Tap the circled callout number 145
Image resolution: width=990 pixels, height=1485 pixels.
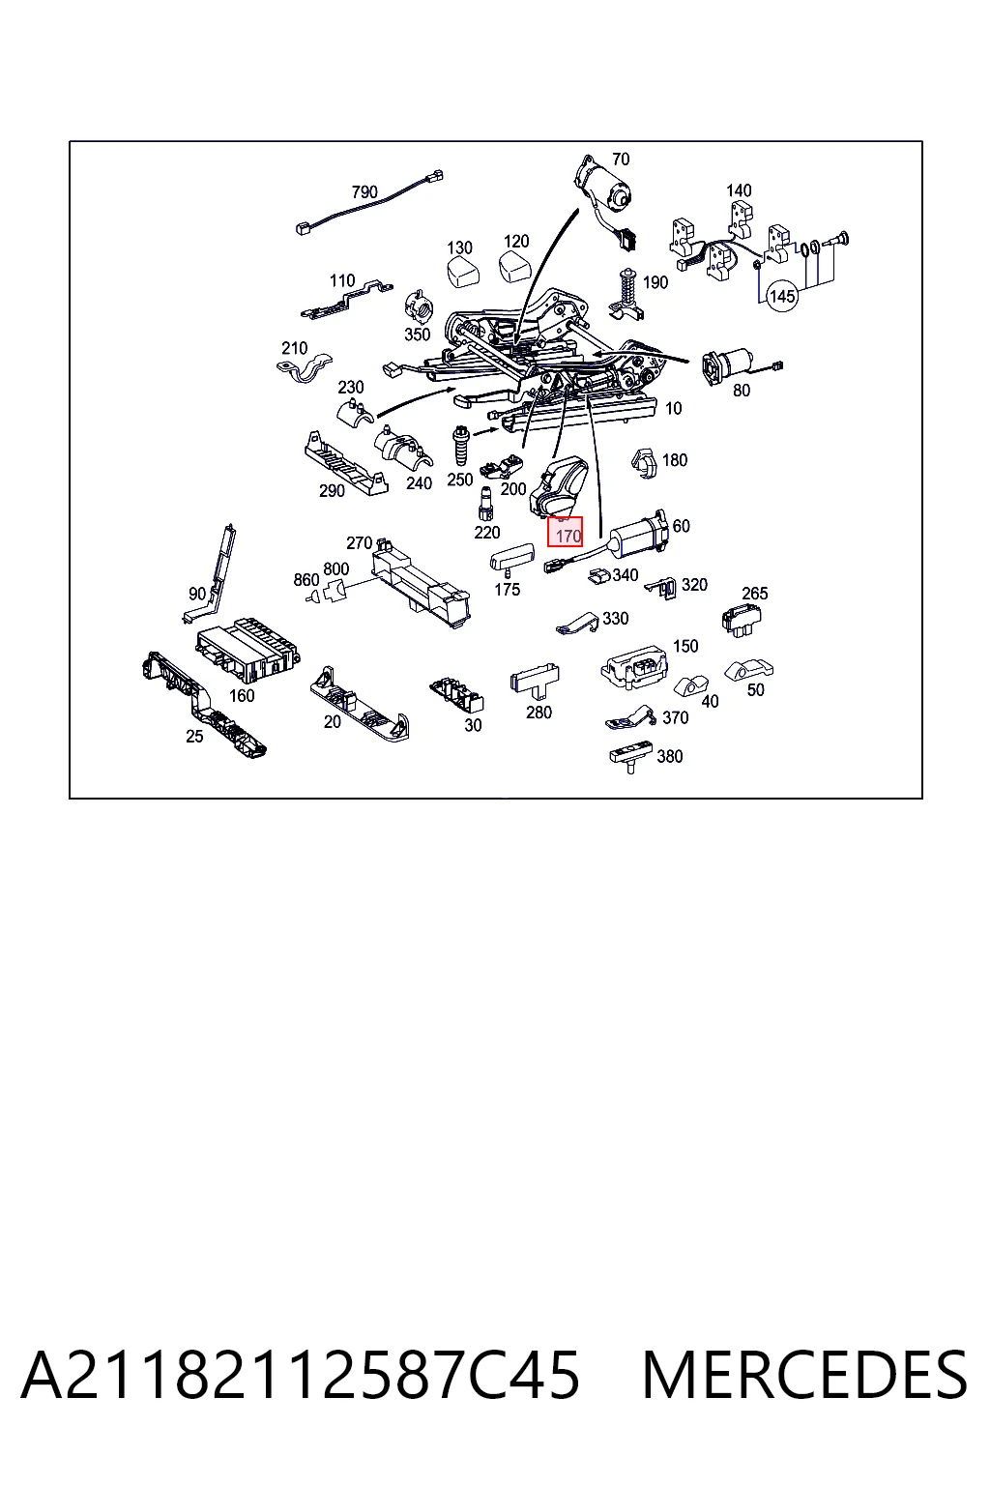tap(782, 296)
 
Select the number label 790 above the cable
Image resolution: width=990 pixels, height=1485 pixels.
tap(364, 192)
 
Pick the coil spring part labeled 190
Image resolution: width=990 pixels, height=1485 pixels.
tap(626, 295)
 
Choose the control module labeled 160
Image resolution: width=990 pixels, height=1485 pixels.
tap(247, 651)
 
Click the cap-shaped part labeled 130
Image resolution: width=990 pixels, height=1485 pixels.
tap(463, 272)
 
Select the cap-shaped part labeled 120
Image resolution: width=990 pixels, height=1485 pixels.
tap(516, 267)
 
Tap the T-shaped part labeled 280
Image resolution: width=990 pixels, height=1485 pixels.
tap(535, 680)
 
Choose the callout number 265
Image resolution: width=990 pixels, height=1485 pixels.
tap(755, 593)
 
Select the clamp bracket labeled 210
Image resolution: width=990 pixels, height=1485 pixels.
tap(305, 368)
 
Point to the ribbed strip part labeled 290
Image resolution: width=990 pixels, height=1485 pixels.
tap(345, 463)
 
